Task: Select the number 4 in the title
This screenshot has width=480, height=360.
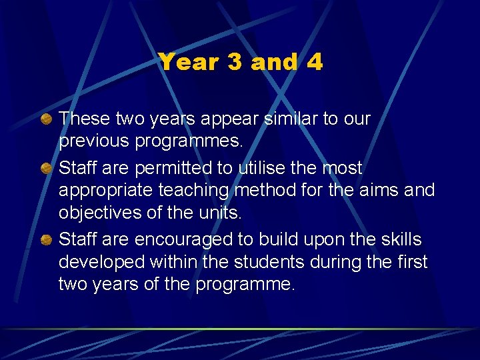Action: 315,63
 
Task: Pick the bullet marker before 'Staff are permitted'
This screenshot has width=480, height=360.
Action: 47,168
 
